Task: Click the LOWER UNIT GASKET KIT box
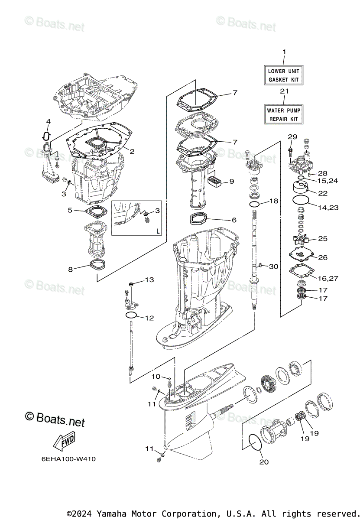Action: pos(284,75)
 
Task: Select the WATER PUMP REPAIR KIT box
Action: pos(284,114)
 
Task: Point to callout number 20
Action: pos(264,462)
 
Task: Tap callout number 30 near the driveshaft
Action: pos(273,266)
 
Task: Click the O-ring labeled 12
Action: pos(132,315)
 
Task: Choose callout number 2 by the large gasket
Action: pos(132,152)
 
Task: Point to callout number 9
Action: pos(231,181)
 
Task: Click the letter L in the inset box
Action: pos(157,231)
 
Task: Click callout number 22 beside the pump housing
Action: pos(323,193)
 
